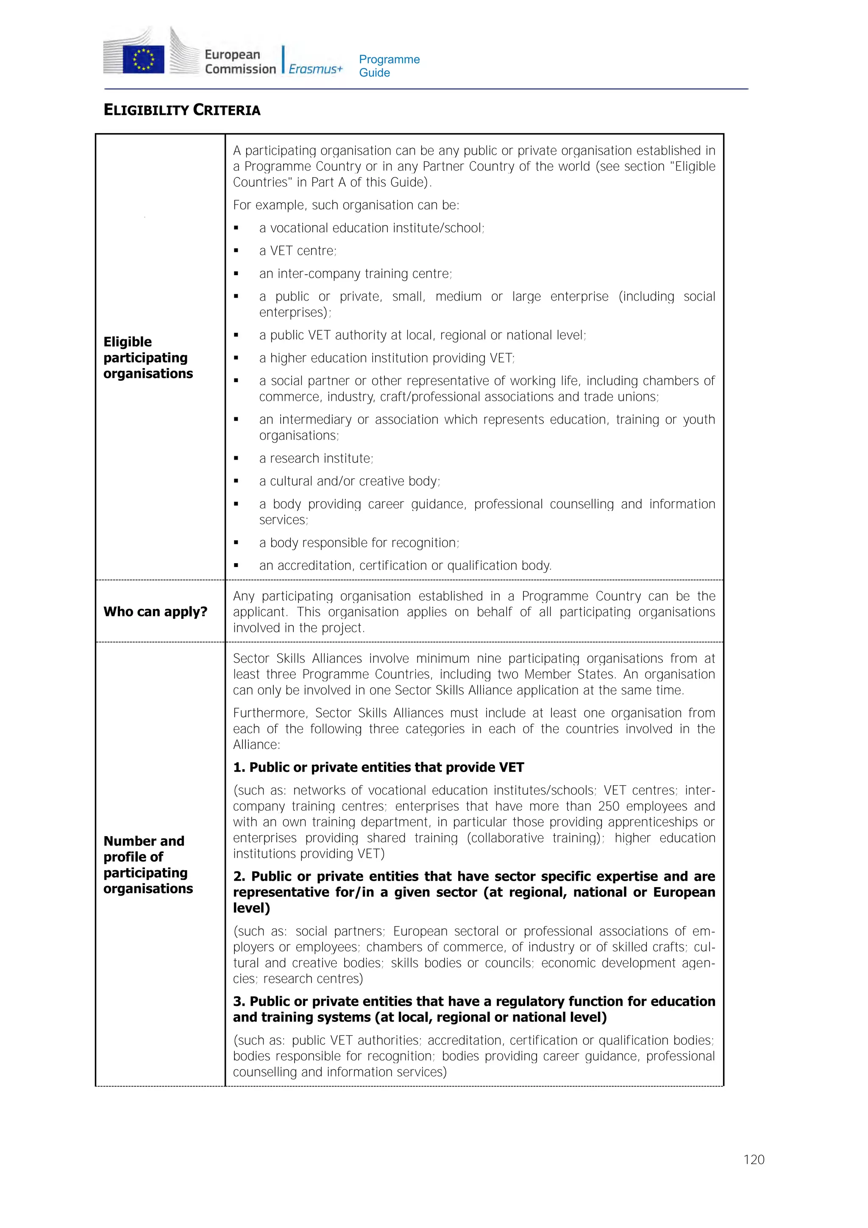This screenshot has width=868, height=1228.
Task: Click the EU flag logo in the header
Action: pos(143,59)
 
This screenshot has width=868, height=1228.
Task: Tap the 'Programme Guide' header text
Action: pos(389,66)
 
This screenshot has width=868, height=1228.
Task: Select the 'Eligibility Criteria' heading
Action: pos(182,110)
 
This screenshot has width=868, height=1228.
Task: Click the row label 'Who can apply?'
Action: pos(155,612)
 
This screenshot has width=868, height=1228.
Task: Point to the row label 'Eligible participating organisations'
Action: pos(148,357)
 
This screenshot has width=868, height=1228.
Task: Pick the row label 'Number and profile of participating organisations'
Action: pos(148,865)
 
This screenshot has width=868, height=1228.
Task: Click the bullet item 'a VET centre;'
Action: pos(298,251)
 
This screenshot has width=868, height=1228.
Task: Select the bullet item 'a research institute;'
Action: pos(316,458)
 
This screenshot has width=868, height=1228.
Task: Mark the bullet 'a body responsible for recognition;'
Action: pos(359,543)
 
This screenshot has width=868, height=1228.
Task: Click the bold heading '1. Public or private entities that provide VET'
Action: pos(378,767)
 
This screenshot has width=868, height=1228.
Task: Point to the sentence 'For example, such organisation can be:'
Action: pos(346,205)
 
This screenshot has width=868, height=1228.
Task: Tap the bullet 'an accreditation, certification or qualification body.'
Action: pos(405,566)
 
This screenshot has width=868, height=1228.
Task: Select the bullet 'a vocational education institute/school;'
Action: pos(371,229)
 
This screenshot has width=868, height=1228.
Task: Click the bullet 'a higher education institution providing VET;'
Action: pos(387,358)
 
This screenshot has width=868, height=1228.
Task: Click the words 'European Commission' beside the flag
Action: pos(240,61)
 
